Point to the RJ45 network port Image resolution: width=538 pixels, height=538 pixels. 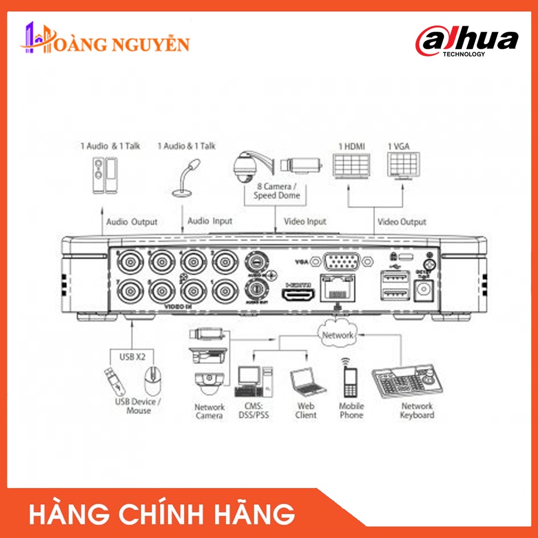[x=337, y=288]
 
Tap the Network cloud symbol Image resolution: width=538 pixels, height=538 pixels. [x=338, y=335]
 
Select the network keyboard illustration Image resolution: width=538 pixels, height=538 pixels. [x=409, y=381]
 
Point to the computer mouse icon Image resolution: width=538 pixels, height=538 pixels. [x=153, y=381]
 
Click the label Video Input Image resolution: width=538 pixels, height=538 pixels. [x=305, y=222]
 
